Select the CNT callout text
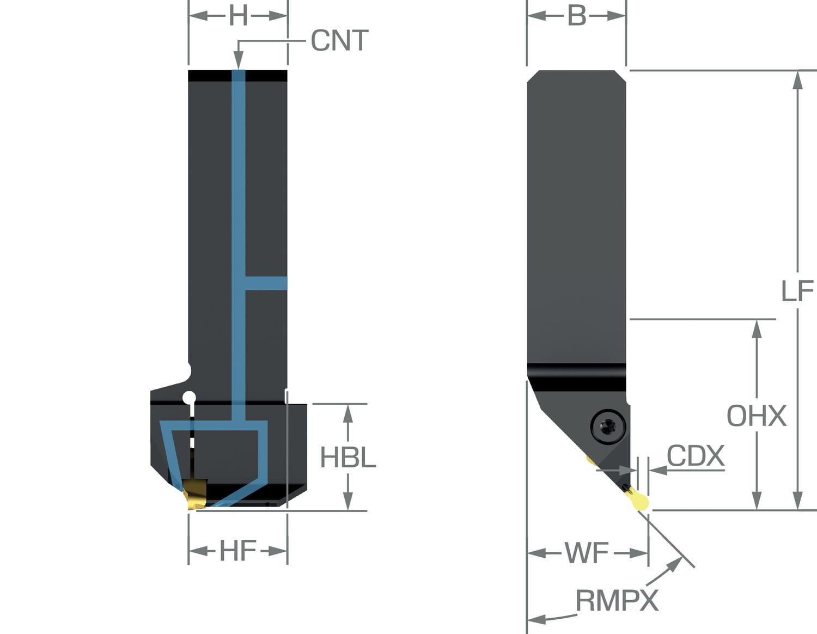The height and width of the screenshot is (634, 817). click(339, 41)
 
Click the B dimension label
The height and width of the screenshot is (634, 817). click(577, 16)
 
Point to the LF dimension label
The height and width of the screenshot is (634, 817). click(797, 291)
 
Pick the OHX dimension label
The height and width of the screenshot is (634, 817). click(757, 416)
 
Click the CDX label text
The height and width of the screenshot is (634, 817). click(696, 455)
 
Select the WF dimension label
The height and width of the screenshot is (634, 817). click(587, 553)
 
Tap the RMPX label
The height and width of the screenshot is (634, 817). click(617, 601)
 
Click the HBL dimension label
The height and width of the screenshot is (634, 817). click(348, 458)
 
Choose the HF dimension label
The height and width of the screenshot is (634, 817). click(238, 551)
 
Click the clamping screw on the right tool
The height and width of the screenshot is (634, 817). click(607, 426)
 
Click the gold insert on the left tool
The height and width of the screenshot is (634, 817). click(195, 493)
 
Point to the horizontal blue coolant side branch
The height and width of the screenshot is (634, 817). click(266, 283)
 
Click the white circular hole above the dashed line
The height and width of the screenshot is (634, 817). click(189, 398)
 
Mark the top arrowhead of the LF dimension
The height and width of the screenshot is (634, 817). click(797, 80)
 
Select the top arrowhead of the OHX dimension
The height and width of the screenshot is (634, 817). click(757, 329)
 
